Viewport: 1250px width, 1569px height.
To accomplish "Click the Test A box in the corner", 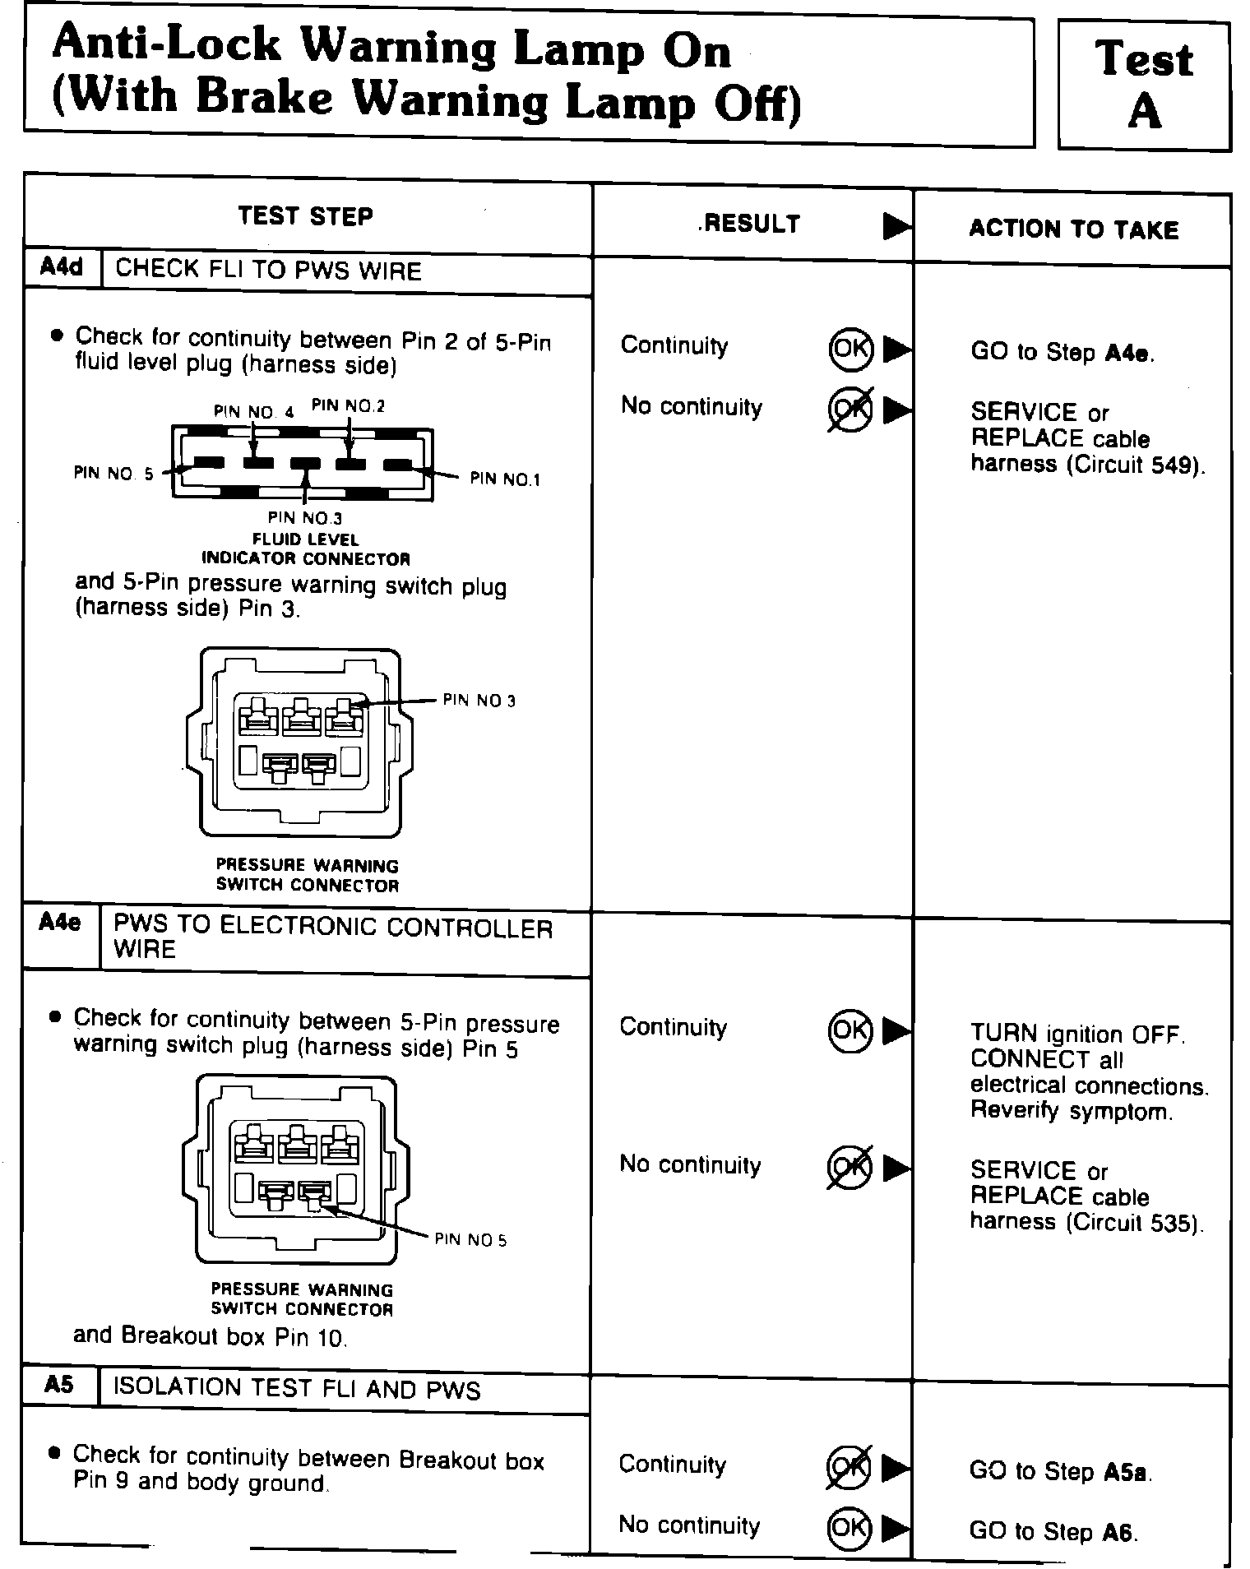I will tap(1143, 86).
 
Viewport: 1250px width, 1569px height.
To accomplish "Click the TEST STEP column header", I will tap(305, 216).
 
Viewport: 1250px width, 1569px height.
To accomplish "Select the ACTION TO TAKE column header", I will tap(1073, 229).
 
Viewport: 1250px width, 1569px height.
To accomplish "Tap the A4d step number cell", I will tap(62, 268).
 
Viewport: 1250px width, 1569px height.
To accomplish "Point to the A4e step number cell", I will tap(60, 923).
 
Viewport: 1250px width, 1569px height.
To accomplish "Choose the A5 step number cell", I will tap(59, 1386).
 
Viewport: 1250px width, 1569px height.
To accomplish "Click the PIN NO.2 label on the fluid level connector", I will tap(348, 405).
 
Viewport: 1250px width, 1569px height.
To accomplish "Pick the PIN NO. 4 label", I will tap(253, 412).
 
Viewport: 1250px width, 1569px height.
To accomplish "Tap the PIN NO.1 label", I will tap(505, 479).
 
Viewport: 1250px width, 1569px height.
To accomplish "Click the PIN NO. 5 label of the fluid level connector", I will tap(113, 474).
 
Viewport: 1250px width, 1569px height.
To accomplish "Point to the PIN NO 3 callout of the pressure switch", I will tap(479, 701).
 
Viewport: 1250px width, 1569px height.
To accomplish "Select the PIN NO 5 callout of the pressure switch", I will tap(470, 1240).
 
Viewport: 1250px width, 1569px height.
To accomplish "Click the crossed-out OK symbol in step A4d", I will tap(850, 410).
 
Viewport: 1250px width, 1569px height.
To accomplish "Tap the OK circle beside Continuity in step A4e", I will tap(850, 1030).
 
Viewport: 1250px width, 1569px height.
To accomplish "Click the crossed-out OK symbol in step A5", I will tap(848, 1468).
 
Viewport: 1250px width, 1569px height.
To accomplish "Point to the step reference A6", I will tap(1119, 1532).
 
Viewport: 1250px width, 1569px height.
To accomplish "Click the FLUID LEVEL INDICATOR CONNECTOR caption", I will tap(306, 549).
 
